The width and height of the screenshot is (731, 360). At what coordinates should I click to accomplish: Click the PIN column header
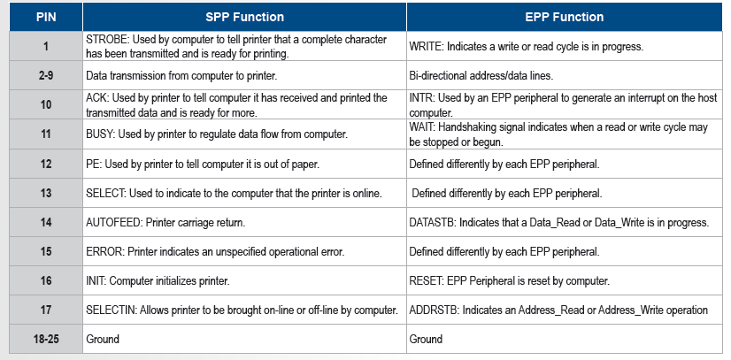click(46, 17)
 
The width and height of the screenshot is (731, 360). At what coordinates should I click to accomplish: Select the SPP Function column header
click(245, 17)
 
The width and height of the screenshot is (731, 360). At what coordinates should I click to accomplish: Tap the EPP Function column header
click(564, 17)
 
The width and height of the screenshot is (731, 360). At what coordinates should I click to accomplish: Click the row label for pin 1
click(46, 47)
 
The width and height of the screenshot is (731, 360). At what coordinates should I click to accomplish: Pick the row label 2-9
click(46, 75)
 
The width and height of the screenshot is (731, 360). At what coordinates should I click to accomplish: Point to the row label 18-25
click(46, 339)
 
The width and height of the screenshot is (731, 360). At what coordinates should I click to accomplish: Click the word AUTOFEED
click(113, 223)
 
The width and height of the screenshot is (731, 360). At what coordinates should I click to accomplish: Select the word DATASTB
click(431, 223)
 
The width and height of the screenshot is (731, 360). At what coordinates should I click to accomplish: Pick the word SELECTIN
click(110, 310)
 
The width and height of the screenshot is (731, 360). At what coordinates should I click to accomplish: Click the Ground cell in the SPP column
click(103, 339)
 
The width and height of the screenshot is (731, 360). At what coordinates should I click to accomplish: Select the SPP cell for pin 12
click(203, 164)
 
